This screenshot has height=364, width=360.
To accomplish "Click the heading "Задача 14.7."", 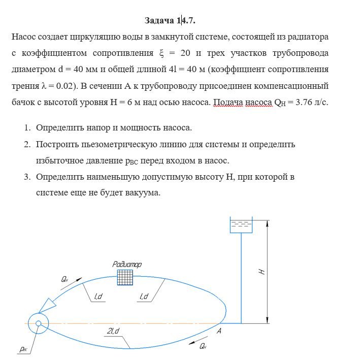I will click(170, 21).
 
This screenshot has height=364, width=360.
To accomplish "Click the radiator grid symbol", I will click(125, 277).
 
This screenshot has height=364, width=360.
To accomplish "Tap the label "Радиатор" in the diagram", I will click(127, 264).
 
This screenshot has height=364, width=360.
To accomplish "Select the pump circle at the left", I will click(37, 323).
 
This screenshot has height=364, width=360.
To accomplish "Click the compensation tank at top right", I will click(241, 225).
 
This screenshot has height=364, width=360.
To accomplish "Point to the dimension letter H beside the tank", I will click(263, 272).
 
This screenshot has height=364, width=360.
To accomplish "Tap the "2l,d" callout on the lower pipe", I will click(113, 332).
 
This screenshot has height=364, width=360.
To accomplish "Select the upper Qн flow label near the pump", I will click(64, 279).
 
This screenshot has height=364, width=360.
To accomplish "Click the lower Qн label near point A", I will click(203, 346).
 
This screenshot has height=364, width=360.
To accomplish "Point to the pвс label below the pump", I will click(24, 349).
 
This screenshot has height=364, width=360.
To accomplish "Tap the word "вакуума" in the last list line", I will click(144, 193).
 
